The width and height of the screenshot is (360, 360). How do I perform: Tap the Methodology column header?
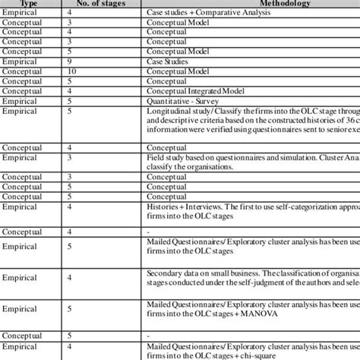[x=259, y=2]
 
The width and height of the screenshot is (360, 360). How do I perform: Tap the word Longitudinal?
[x=168, y=110]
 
